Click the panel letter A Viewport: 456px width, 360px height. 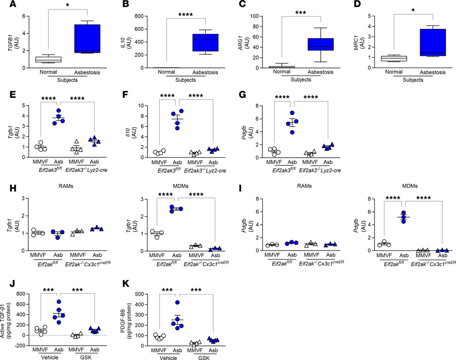pos(6,7)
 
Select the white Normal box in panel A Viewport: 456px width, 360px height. pos(51,59)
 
